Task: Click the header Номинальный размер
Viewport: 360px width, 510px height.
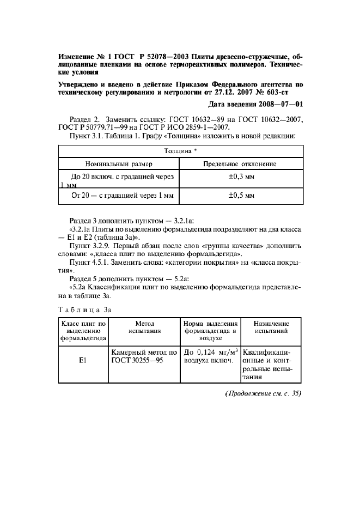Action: (119, 163)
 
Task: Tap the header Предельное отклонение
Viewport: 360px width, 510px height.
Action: (240, 163)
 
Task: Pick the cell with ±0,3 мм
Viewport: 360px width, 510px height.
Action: (240, 177)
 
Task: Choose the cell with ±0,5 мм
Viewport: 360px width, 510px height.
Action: (240, 195)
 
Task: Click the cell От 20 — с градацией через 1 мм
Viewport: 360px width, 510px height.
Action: (119, 195)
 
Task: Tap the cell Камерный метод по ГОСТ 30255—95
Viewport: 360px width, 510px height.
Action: (144, 356)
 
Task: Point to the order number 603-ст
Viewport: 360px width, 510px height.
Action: (286, 93)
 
